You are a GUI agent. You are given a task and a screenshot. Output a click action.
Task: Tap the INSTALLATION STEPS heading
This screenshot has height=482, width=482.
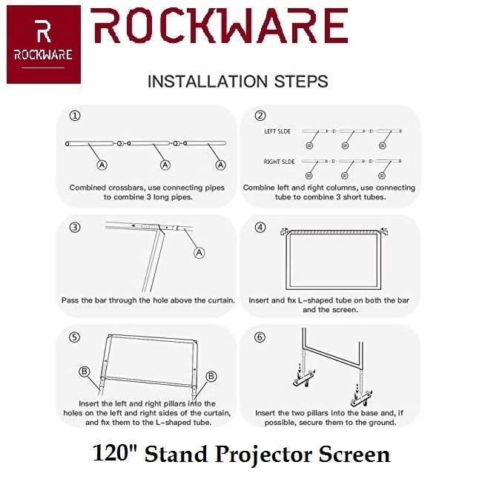[237, 81]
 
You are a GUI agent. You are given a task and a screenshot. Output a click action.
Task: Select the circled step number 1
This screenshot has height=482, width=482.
[75, 116]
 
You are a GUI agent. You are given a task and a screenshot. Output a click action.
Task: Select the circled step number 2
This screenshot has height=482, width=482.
[260, 116]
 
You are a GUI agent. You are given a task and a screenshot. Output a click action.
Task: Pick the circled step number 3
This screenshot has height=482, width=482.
[75, 227]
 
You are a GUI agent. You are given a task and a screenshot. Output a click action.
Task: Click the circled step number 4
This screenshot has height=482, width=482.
[260, 227]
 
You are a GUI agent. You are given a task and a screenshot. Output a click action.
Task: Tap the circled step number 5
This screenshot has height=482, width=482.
[75, 337]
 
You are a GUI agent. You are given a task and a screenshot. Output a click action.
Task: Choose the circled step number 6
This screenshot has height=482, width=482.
[260, 337]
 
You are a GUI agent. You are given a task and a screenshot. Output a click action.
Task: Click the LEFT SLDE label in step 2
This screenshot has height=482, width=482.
[277, 131]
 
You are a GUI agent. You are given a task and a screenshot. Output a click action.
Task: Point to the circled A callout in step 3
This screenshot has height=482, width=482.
[198, 253]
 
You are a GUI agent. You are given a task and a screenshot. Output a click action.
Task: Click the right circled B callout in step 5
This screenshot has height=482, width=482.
[211, 377]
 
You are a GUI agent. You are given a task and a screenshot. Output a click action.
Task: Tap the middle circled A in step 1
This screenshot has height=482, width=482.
[165, 164]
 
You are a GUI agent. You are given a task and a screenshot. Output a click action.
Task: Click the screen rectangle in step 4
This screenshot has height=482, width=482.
[331, 263]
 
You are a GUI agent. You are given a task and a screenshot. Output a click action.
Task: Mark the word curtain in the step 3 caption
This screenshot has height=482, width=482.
[217, 301]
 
